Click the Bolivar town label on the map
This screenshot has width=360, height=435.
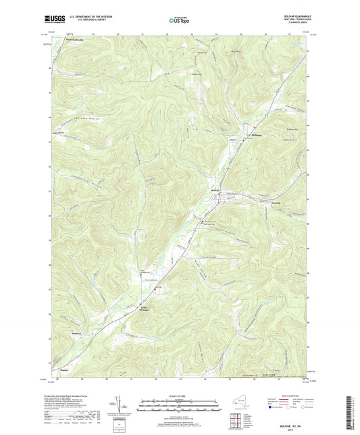click(x=216, y=190)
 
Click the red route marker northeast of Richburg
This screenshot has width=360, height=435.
click(x=254, y=127)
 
